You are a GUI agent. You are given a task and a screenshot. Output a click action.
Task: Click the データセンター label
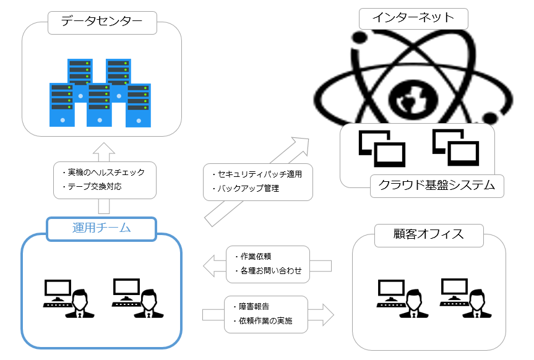(102, 22)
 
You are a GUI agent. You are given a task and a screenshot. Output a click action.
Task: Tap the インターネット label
(413, 17)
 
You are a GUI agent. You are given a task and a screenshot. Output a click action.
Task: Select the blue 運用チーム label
(101, 228)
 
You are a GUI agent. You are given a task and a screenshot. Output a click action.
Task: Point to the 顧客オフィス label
(428, 234)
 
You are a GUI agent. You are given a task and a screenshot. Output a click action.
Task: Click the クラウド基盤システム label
(437, 185)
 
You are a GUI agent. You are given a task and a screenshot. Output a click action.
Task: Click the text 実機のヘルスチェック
(106, 173)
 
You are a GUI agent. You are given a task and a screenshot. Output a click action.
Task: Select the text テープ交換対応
(95, 187)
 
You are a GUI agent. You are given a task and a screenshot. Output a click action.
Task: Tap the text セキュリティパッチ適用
(260, 174)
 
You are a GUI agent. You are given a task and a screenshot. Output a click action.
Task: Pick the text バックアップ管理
(248, 188)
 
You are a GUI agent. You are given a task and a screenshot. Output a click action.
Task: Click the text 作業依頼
(256, 257)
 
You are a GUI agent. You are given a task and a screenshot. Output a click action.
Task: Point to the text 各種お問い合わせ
(271, 271)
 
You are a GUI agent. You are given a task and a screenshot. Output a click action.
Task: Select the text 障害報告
(254, 307)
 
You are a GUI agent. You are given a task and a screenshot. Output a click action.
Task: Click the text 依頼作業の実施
(265, 321)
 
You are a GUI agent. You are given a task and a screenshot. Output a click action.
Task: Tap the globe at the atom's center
(413, 98)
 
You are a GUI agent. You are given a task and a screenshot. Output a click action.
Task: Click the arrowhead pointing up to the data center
(104, 148)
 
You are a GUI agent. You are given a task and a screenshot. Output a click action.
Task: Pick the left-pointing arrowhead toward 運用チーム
(210, 265)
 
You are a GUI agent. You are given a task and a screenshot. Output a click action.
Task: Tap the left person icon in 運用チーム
(80, 304)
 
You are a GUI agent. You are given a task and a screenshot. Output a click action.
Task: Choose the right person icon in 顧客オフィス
(477, 304)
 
